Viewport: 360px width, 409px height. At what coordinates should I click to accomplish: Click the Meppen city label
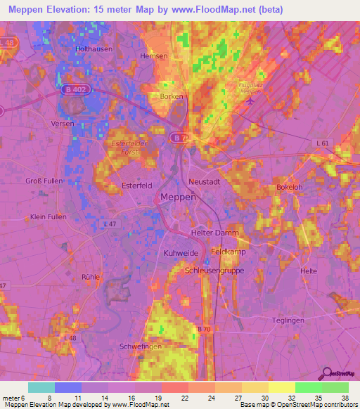(178, 197)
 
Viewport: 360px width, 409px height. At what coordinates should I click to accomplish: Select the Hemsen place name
(154, 56)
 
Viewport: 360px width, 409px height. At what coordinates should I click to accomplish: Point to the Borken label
(172, 97)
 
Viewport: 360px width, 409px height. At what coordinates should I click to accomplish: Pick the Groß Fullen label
(44, 181)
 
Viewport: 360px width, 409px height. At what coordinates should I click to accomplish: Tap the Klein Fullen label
(49, 217)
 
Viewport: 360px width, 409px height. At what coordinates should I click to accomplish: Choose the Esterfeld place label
(136, 186)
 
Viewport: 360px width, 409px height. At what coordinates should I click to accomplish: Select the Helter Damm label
(215, 233)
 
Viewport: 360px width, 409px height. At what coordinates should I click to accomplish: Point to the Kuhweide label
(178, 252)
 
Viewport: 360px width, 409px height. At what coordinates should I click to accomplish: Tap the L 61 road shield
(323, 143)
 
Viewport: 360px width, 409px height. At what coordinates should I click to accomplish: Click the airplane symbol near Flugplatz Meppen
(251, 100)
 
